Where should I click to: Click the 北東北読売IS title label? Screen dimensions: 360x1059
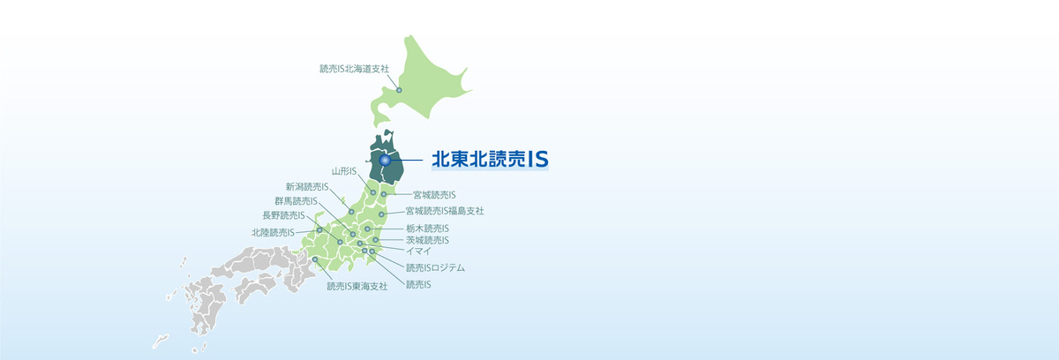tap(490, 159)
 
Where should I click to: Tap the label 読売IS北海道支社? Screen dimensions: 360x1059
tap(353, 68)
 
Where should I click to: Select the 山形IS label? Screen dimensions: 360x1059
tap(343, 170)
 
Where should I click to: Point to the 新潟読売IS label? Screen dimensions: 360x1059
tap(307, 186)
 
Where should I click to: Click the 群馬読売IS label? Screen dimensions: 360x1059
tap(296, 200)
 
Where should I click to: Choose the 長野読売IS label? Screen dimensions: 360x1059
tap(283, 214)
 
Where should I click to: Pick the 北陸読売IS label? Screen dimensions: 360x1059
tap(273, 233)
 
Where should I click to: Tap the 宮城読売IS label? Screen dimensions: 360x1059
tap(434, 194)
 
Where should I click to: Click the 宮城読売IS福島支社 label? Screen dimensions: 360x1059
tap(445, 211)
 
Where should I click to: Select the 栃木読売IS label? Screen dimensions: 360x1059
tap(427, 229)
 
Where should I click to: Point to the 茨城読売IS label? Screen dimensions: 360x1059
tap(427, 240)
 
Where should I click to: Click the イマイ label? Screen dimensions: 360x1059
tap(417, 251)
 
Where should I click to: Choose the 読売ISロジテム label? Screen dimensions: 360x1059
tap(435, 267)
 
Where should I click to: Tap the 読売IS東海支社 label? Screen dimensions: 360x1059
tap(357, 285)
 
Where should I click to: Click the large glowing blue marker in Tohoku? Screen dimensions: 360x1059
tap(385, 160)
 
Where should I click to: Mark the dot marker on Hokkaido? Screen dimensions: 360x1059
tap(399, 90)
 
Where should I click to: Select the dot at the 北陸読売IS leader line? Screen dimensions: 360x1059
tap(319, 229)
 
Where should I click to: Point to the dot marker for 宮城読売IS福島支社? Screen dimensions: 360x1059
tap(381, 214)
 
